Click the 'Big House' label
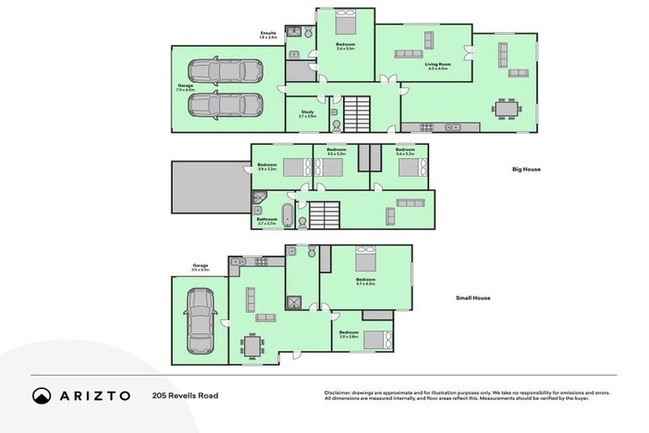[x=526, y=169]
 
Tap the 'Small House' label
[x=473, y=298]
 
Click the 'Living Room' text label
[x=437, y=64]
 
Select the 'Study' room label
[x=307, y=112]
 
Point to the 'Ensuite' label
[x=268, y=33]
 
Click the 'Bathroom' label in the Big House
[x=267, y=219]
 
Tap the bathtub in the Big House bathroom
[x=286, y=215]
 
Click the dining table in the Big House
[x=507, y=109]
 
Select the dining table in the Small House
[x=252, y=346]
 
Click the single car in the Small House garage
[x=199, y=321]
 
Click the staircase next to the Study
[x=356, y=112]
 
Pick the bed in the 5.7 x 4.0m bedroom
[x=366, y=257]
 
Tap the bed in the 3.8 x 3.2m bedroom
[x=297, y=167]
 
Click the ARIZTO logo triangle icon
[x=41, y=395]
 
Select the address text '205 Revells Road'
[x=185, y=395]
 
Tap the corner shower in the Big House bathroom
[x=259, y=200]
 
